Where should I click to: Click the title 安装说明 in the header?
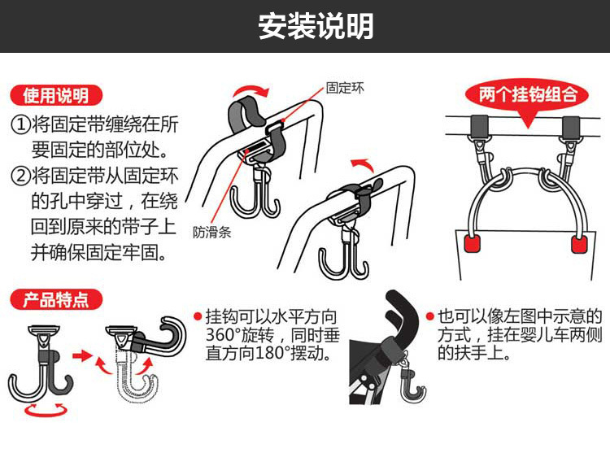316,26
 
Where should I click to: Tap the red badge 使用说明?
56,96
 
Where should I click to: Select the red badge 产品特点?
56,300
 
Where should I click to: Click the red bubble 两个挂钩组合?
528,94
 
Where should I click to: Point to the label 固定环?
345,88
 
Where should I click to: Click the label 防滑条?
212,233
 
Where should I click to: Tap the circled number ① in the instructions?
21,125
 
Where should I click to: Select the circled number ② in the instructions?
21,176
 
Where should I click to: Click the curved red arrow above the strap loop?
251,89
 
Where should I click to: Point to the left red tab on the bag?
473,243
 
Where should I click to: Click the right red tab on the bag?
579,244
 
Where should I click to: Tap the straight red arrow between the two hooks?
83,355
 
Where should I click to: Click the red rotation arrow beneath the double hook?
45,411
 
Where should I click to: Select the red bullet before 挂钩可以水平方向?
198,316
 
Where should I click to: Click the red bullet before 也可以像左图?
430,316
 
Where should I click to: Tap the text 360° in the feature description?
223,335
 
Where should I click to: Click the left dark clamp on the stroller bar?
478,125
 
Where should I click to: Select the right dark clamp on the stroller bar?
570,125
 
